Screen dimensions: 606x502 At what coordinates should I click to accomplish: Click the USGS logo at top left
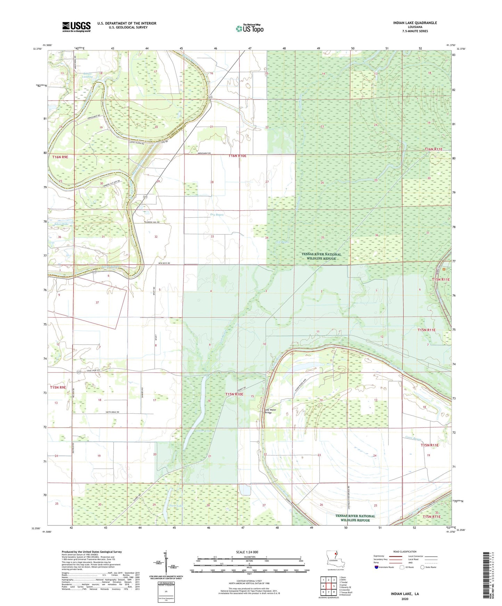pos(76,27)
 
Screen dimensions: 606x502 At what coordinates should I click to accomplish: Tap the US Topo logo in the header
pos(249,28)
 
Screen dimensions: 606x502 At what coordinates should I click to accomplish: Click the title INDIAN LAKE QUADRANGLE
pos(415,23)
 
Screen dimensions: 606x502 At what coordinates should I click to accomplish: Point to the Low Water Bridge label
pos(270,411)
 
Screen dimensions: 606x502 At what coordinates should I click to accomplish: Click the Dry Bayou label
pos(217,214)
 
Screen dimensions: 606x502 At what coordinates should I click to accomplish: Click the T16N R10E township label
pos(237,156)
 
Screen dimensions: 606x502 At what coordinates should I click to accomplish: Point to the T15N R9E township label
pos(58,387)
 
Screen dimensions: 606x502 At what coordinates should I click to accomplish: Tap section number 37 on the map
pos(97,302)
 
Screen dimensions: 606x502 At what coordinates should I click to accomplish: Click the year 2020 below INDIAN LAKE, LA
pos(405,599)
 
